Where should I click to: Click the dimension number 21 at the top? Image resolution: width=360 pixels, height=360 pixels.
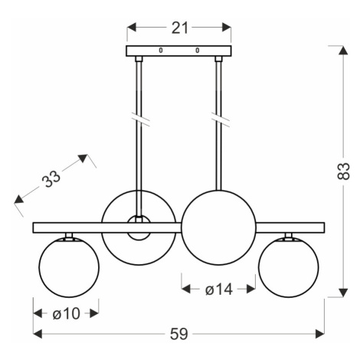click(180, 28)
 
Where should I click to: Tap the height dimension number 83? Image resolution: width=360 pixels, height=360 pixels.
click(343, 171)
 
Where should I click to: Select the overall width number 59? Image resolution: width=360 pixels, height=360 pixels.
click(179, 334)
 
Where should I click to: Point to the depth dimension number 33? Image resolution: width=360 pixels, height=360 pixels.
click(51, 178)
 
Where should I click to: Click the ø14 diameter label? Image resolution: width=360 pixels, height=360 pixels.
click(219, 290)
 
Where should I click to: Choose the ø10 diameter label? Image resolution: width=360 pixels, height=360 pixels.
click(67, 313)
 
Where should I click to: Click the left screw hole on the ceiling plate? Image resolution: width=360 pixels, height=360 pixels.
click(161, 51)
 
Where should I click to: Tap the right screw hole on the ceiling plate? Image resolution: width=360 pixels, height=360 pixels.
click(198, 51)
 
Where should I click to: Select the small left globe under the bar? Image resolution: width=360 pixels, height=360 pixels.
click(69, 267)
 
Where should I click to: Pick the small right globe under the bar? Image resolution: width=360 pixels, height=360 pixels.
click(289, 267)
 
